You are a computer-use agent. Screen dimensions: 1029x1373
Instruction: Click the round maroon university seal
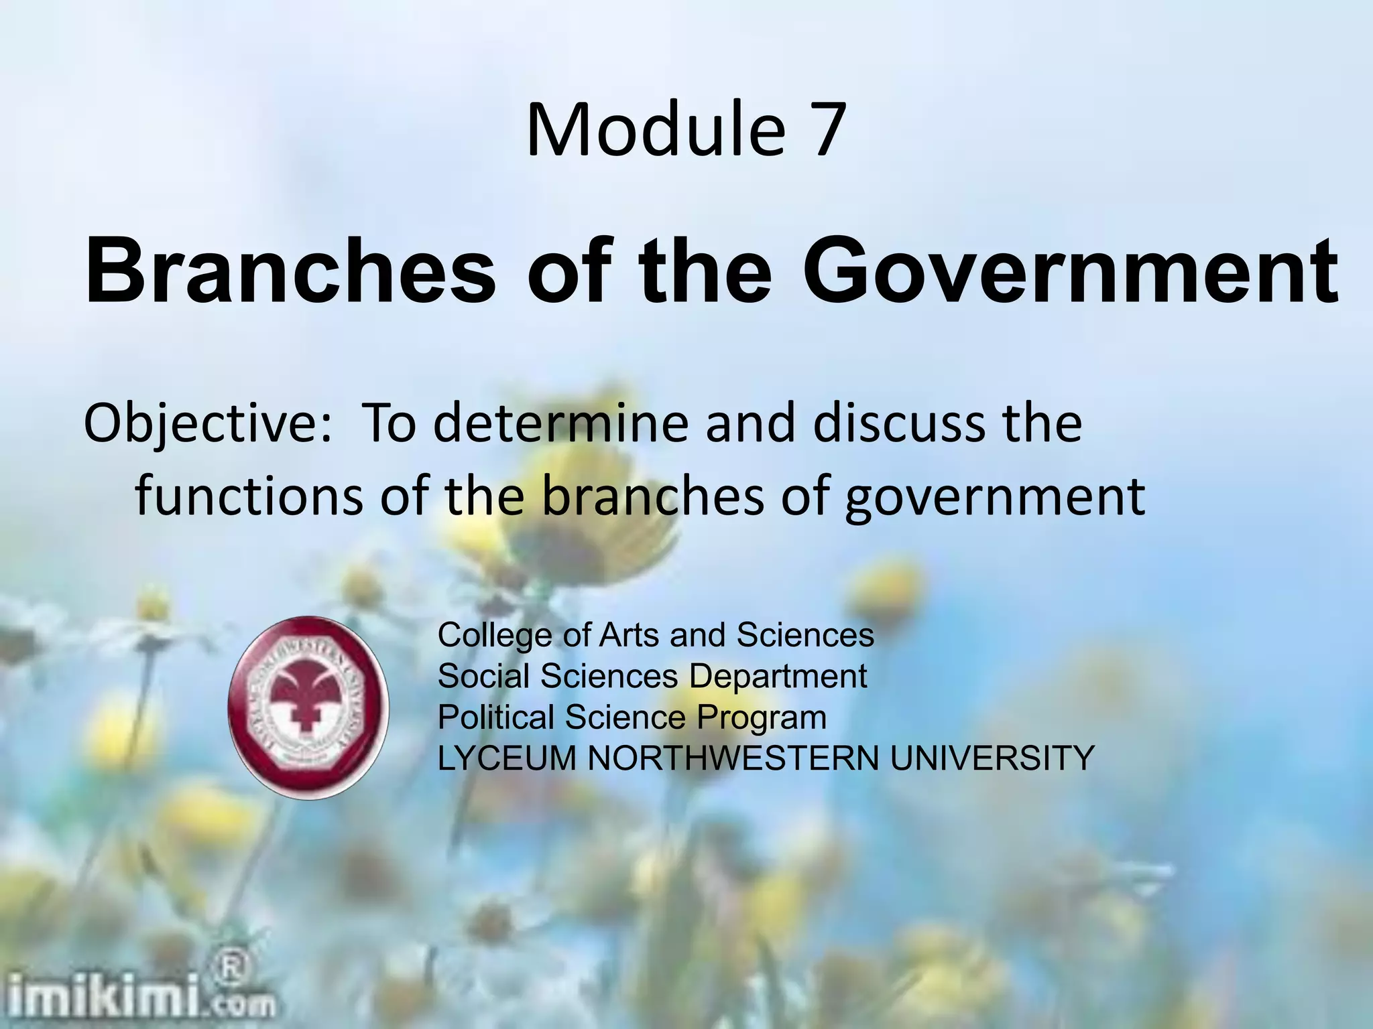309,707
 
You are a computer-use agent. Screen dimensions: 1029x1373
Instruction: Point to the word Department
778,677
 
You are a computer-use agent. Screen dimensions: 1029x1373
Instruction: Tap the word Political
495,717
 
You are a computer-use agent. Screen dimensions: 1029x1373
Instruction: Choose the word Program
761,719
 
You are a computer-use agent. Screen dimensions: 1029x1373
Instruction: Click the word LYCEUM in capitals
507,758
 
